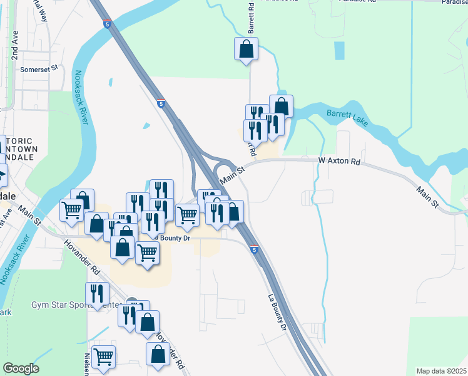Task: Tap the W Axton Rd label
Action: tap(339, 162)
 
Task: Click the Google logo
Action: tap(21, 368)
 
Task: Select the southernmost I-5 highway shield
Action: tap(254, 250)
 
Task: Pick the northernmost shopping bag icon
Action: tap(247, 49)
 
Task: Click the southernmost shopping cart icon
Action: tap(104, 357)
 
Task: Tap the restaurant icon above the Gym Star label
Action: tap(98, 293)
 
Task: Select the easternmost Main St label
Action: tap(429, 195)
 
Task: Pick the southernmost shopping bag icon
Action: tap(158, 354)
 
